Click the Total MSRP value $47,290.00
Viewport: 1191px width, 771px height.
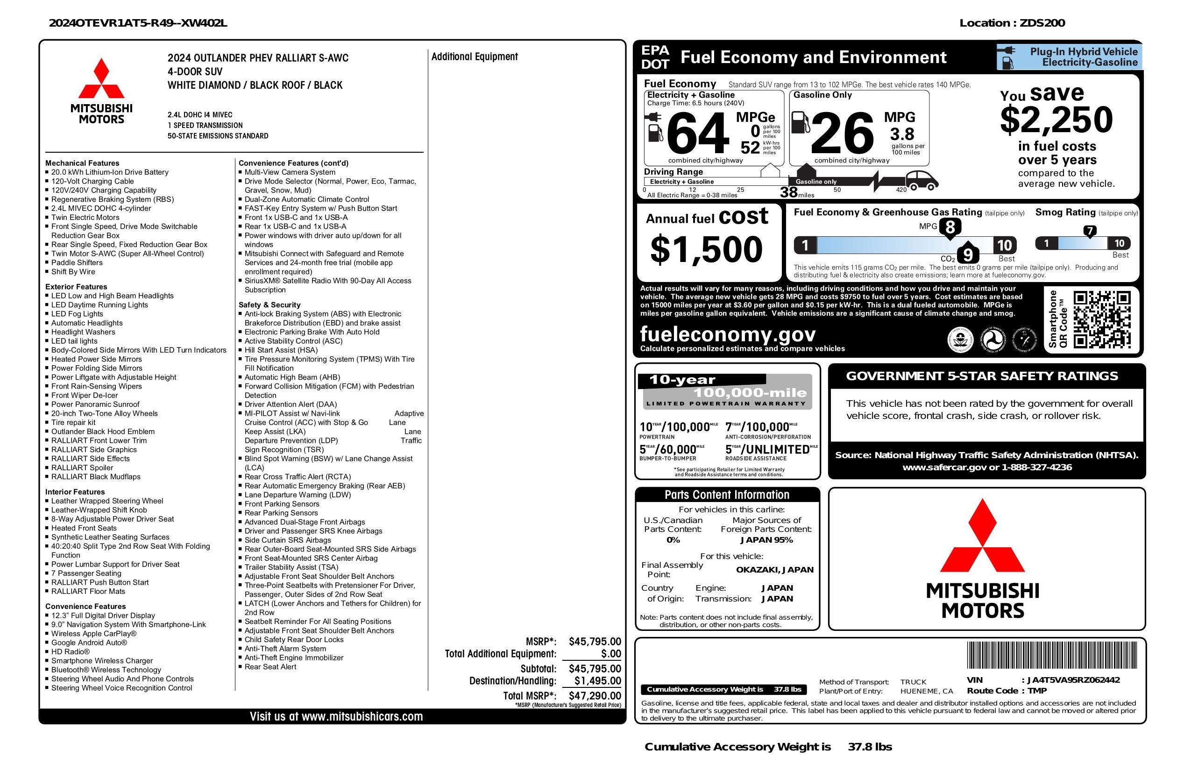click(595, 695)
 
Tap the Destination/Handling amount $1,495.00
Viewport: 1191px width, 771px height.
click(597, 680)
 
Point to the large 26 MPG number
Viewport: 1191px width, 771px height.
click(842, 134)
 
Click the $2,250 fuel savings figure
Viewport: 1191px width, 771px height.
click(1056, 120)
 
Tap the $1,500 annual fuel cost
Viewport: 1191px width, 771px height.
click(706, 249)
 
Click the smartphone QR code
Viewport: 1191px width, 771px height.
click(1102, 319)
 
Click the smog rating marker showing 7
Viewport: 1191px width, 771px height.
click(1089, 231)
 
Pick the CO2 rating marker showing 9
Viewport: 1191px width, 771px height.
click(968, 255)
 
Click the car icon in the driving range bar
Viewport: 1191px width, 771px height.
click(921, 181)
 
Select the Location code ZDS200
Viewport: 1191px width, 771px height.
click(1043, 23)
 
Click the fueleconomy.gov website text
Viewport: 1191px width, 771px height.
click(728, 334)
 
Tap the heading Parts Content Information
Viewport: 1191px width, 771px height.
click(727, 495)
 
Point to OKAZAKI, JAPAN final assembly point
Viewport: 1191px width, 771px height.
click(774, 569)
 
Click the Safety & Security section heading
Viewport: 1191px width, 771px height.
click(269, 304)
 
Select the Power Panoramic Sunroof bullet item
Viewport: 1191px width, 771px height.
click(95, 404)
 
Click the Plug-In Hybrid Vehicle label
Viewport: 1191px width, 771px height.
click(1084, 51)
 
